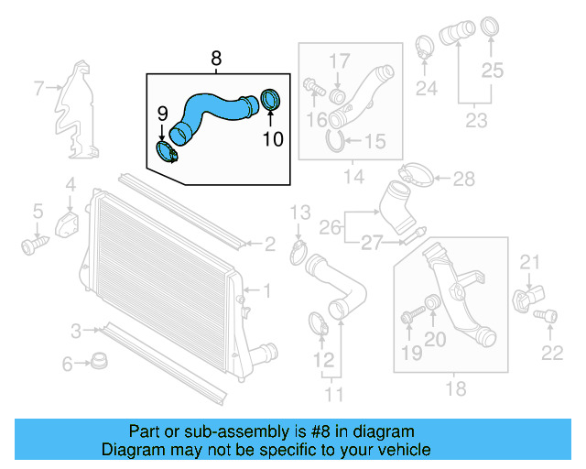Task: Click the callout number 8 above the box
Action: click(216, 60)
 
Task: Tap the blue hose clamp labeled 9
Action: click(168, 152)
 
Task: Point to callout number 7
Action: click(38, 89)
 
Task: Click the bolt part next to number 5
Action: click(36, 245)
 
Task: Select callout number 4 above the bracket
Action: click(70, 187)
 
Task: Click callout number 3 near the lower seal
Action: click(76, 329)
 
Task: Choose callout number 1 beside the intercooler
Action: click(267, 291)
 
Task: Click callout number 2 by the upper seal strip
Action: click(269, 245)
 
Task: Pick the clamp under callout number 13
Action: click(298, 249)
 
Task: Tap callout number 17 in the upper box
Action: click(340, 62)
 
